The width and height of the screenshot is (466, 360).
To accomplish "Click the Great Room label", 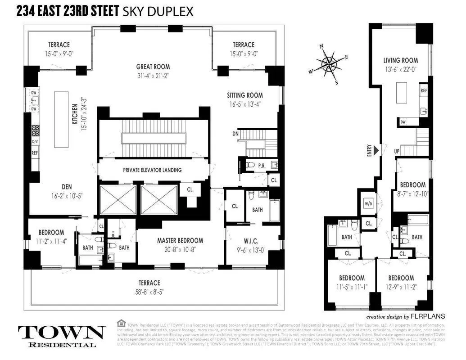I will tap(153, 67).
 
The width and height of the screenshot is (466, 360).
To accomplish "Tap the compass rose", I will tap(329, 63).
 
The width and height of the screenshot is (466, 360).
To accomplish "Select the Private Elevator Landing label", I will tap(153, 170).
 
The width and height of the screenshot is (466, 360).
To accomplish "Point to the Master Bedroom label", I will tap(180, 241).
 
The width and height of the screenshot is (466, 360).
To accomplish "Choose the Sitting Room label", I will tap(244, 95).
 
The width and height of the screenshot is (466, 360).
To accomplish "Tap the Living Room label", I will tap(400, 60).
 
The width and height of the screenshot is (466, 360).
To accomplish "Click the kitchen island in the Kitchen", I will tap(61, 119).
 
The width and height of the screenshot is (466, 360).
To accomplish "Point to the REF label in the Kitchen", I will tap(35, 153).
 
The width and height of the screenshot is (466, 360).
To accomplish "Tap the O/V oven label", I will tap(35, 141).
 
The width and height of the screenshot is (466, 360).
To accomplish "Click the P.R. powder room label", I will tap(262, 166).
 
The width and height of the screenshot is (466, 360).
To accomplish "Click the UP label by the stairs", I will tap(397, 151).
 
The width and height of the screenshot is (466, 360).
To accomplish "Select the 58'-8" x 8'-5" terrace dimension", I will tap(149, 291).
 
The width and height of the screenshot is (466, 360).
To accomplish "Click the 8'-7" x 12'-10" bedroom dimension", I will tap(413, 193).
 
